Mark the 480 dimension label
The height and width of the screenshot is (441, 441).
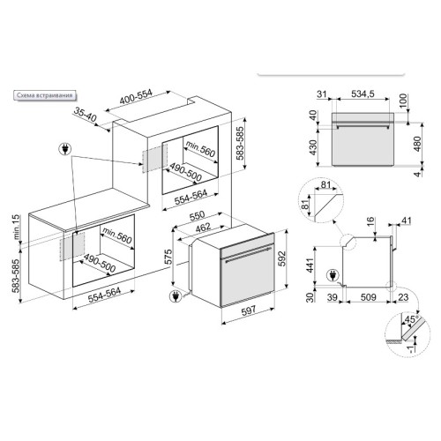415,143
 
